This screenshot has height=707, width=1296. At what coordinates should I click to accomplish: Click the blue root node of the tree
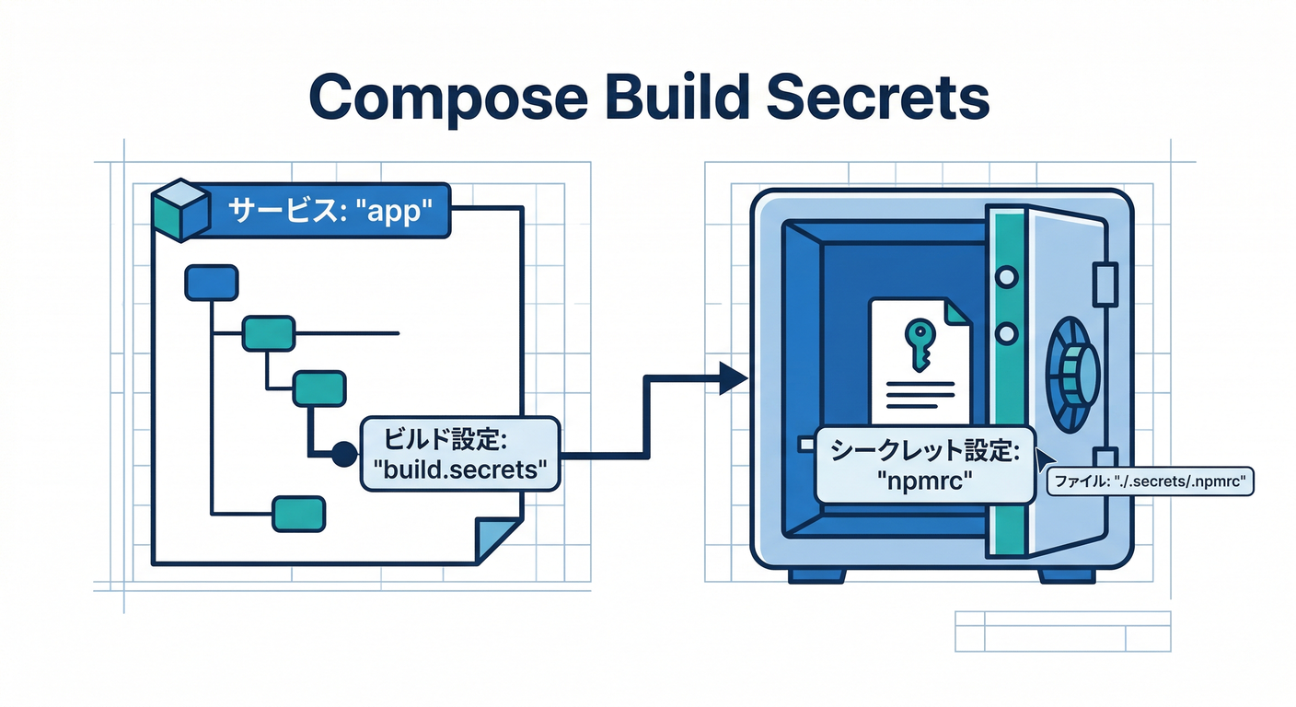[x=212, y=283]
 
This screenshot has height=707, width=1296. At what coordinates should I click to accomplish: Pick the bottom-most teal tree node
[x=299, y=513]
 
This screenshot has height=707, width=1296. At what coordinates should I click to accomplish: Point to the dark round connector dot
[x=343, y=453]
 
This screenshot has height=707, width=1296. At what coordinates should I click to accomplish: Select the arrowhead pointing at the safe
[x=732, y=377]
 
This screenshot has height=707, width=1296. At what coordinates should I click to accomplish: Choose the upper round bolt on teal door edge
[x=1005, y=275]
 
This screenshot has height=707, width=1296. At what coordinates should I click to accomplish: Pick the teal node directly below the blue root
[x=268, y=333]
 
